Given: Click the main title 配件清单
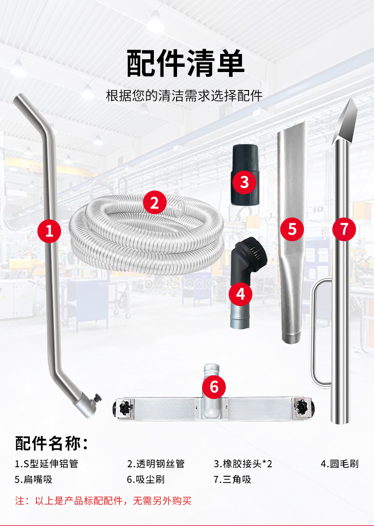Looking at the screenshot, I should (186, 63).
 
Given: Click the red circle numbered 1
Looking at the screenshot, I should (49, 231).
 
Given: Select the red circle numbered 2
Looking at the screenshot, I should (154, 203).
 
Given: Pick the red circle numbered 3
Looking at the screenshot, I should (244, 181).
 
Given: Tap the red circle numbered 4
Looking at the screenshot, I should (240, 294).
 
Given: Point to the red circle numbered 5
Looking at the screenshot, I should (292, 229).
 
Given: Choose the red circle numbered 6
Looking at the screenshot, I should (214, 387).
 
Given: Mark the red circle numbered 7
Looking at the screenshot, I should (344, 229).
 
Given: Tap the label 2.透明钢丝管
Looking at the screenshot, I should (156, 463).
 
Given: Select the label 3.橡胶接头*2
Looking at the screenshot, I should (243, 463).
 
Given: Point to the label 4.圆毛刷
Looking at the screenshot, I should (339, 463).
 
